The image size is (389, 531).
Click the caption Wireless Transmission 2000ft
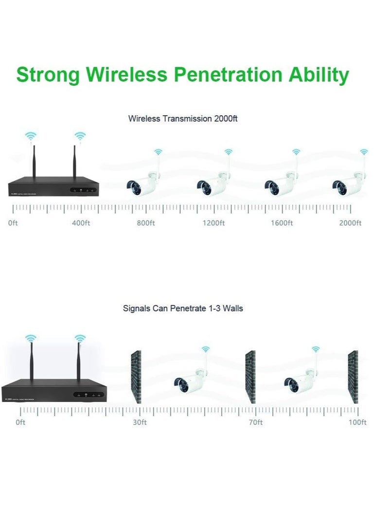182,118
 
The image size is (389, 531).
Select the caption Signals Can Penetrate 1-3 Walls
183,308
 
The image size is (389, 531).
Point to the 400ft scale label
81,223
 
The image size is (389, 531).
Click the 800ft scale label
145,223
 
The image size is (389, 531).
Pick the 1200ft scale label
213,223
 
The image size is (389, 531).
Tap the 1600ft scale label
282,223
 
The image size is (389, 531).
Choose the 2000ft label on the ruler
350,223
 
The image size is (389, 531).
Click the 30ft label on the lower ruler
140,422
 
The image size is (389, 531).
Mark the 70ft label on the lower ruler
256,422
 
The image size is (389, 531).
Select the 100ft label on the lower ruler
357,422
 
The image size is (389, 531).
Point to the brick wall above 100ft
353,377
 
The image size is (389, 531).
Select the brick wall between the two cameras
250,377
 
